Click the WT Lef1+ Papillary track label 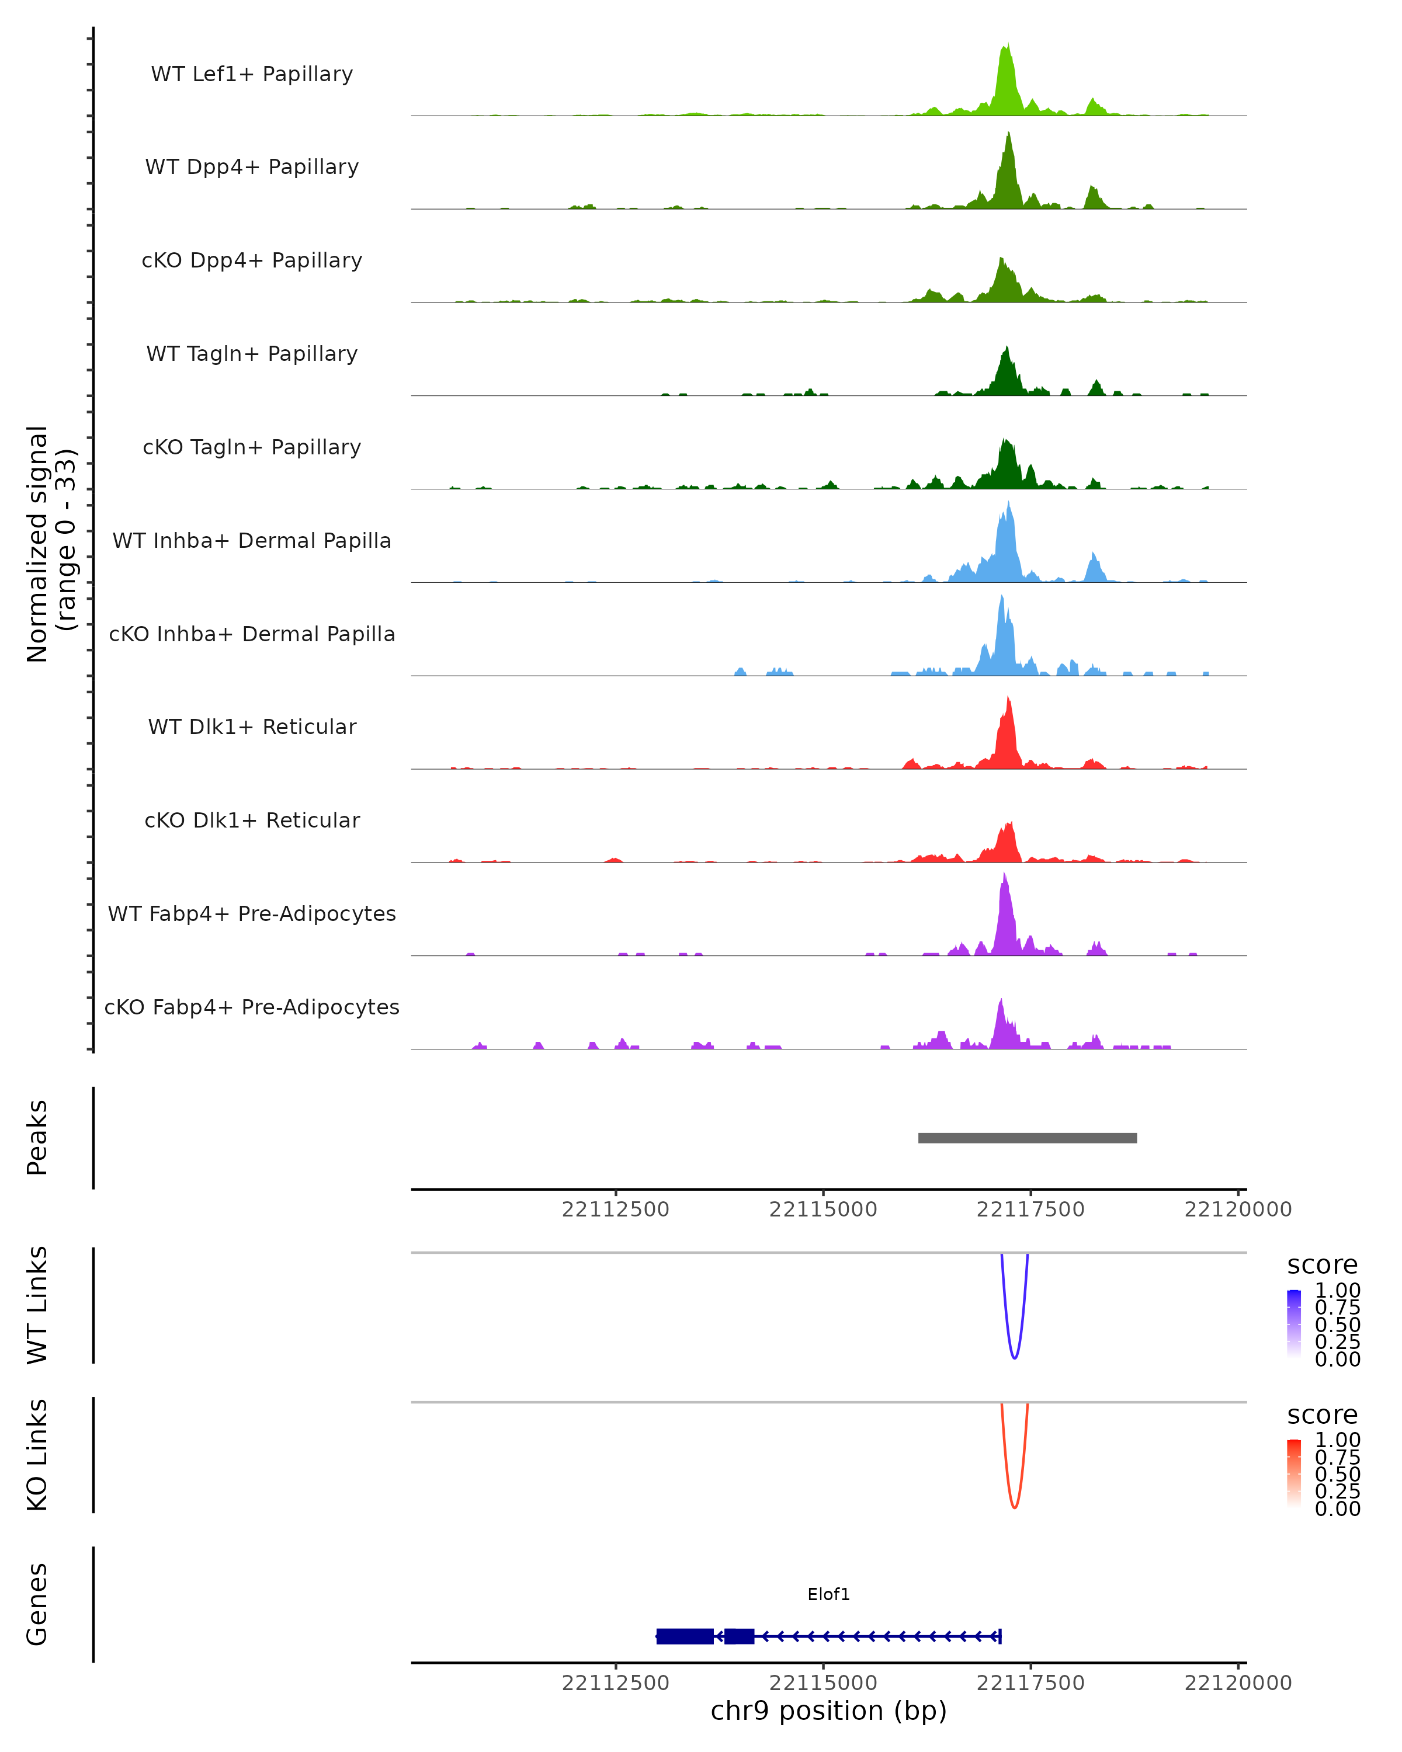(x=252, y=74)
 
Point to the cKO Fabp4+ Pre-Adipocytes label (x=252, y=1007)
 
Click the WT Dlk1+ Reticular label (x=252, y=727)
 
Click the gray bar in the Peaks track (x=1028, y=1138)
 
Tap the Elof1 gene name (x=828, y=1594)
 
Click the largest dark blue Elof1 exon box (x=684, y=1636)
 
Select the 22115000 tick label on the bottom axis (x=823, y=1683)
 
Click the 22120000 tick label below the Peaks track (x=1237, y=1209)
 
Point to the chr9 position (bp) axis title (x=828, y=1711)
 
